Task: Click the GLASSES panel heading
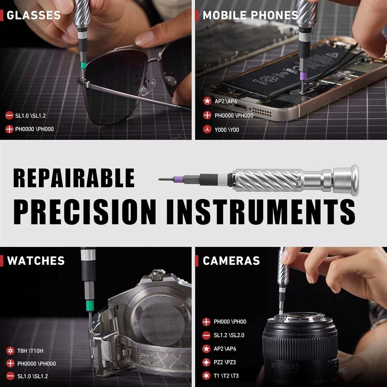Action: pos(34,15)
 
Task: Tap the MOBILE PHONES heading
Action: pos(250,15)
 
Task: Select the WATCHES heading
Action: pos(36,261)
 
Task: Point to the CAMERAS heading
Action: pos(231,261)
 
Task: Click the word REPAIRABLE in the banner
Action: pos(74,178)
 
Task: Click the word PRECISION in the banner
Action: pos(85,212)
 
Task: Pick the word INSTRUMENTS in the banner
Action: pos(261,212)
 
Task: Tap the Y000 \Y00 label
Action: pos(227,130)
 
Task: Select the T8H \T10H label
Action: pos(30,351)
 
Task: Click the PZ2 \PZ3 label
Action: pos(225,362)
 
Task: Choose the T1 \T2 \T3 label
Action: pos(226,376)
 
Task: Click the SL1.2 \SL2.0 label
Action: pos(229,335)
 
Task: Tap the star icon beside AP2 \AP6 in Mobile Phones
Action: pos(207,101)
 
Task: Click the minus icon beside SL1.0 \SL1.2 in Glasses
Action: pos(9,116)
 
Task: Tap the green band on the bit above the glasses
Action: pos(83,65)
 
